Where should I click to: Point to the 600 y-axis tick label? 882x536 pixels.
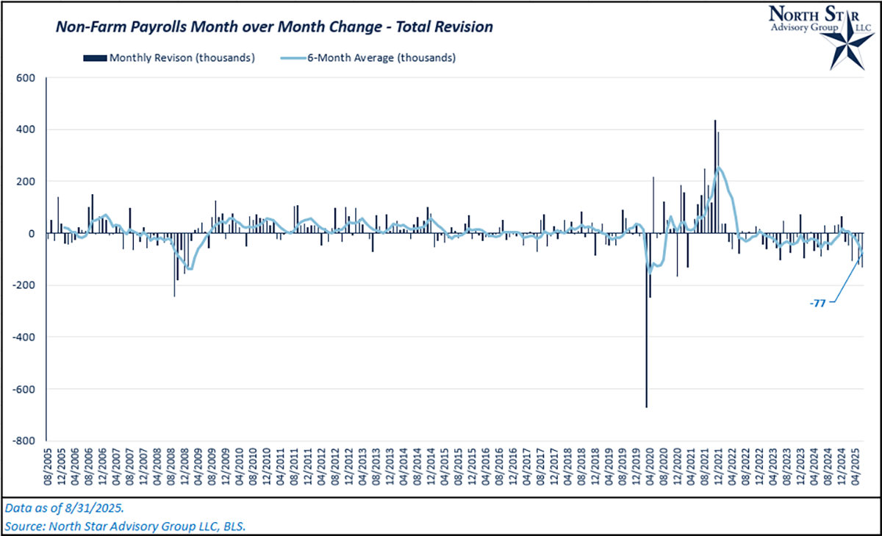point(26,78)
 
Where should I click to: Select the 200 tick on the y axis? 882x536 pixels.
point(26,182)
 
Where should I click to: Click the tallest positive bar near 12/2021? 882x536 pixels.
point(714,176)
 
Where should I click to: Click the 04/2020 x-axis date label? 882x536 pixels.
point(649,467)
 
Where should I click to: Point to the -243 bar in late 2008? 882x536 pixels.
point(174,265)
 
